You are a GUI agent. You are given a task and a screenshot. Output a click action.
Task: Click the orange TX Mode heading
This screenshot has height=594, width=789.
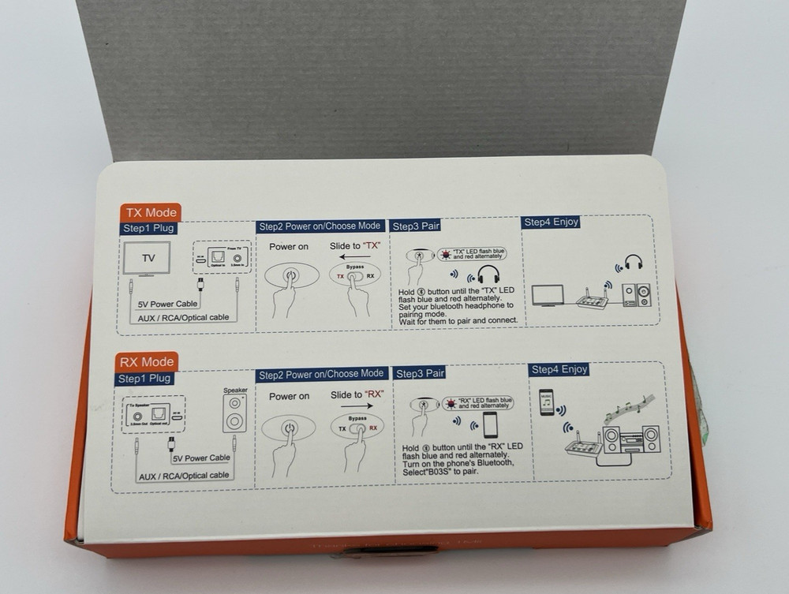[x=151, y=212]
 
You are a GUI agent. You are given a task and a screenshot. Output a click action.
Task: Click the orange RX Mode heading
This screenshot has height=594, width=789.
[x=147, y=362]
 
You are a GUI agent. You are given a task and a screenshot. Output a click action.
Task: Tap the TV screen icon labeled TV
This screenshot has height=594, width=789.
[x=148, y=258]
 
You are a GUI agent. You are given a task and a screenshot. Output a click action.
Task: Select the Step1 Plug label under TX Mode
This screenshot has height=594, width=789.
[x=148, y=229]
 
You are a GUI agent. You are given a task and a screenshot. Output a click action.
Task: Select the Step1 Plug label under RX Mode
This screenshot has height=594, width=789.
[x=144, y=379]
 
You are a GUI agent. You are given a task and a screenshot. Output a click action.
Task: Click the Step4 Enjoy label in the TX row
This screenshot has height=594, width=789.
[x=551, y=222]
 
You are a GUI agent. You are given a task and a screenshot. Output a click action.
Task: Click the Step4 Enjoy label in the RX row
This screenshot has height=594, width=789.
[x=559, y=369]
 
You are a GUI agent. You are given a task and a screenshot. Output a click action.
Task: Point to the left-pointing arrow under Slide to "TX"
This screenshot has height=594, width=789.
[x=355, y=257]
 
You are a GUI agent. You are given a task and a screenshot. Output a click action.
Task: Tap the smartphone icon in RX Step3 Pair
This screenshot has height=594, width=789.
[x=490, y=424]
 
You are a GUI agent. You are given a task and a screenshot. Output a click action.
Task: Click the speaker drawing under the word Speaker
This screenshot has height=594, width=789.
[x=234, y=413]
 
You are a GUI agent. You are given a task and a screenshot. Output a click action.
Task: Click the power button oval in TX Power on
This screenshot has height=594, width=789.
[x=291, y=275]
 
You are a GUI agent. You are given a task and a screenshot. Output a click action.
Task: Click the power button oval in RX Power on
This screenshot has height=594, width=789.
[x=289, y=428]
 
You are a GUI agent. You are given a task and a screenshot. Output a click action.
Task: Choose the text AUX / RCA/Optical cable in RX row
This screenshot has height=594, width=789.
[x=184, y=476]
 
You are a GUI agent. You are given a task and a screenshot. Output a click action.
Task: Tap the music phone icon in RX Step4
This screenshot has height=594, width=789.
[x=546, y=402]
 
